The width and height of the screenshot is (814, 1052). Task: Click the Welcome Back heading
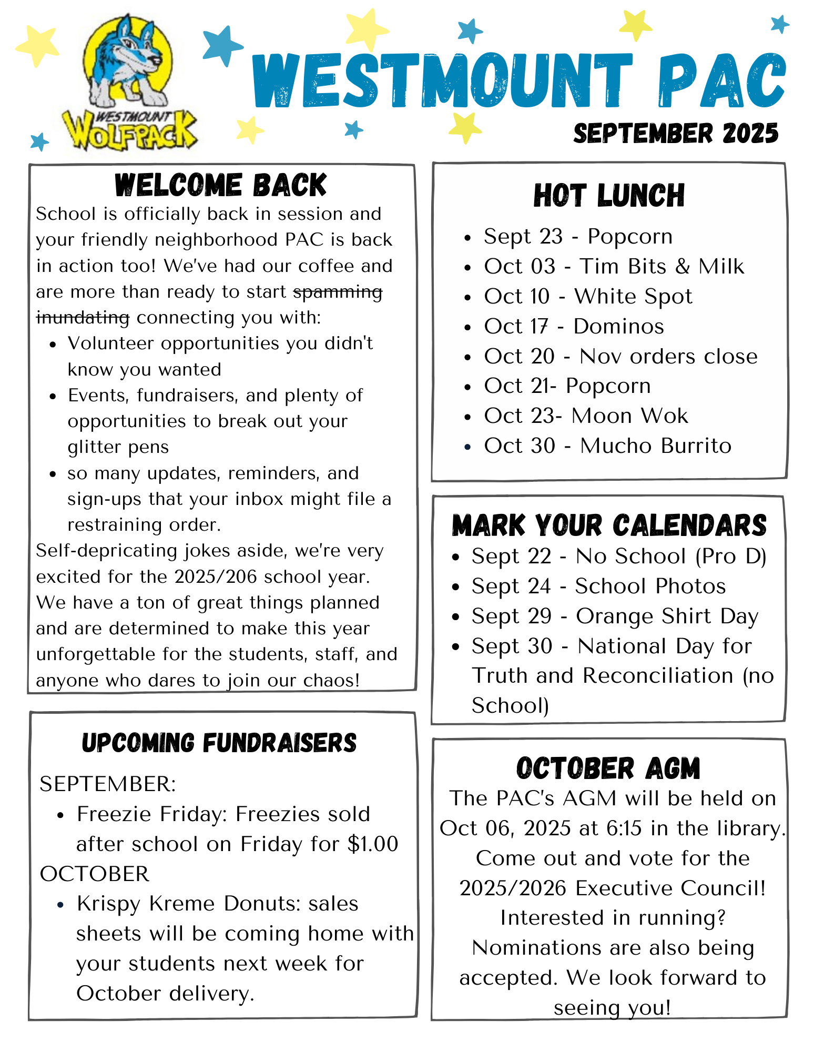tap(221, 185)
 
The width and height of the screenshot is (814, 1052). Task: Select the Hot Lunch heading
tap(609, 196)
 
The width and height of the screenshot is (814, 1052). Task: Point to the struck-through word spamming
tap(338, 292)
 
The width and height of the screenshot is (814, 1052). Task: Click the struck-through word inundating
tap(83, 318)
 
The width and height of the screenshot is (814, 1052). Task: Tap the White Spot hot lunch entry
tap(633, 297)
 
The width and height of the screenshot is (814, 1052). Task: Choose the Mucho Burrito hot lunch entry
tap(655, 446)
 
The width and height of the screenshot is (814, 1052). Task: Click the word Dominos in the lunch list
tap(618, 327)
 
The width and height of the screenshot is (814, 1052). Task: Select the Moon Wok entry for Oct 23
tap(629, 416)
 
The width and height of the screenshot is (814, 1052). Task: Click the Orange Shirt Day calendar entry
tap(667, 616)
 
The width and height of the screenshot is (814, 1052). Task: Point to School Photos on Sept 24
tap(650, 586)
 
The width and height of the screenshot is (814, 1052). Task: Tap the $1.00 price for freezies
tap(373, 844)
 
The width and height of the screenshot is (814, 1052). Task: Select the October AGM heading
tap(608, 768)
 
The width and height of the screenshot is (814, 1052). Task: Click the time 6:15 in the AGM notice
tap(624, 828)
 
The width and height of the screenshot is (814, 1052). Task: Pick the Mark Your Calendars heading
tap(609, 525)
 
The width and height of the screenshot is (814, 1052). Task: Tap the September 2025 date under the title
tap(676, 134)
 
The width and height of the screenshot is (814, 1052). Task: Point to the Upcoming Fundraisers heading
tap(219, 743)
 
